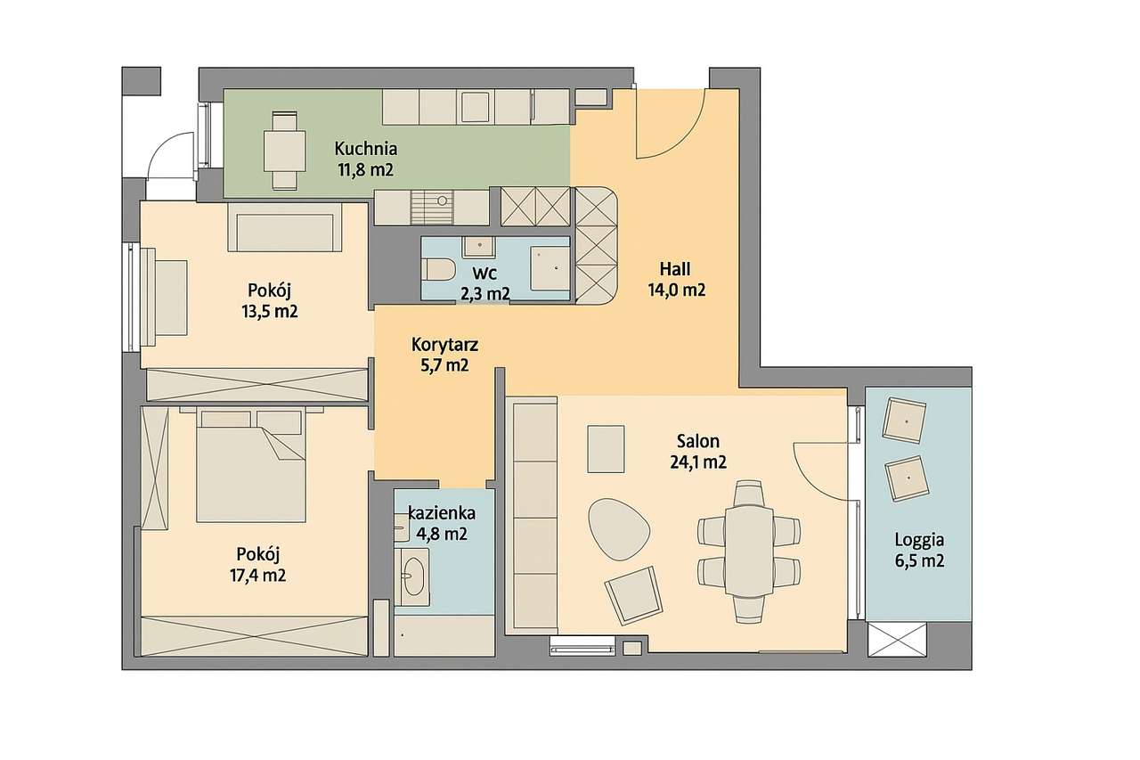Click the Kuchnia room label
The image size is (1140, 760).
(x=365, y=149)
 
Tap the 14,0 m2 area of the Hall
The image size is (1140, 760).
(x=676, y=290)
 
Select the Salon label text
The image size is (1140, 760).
(x=697, y=441)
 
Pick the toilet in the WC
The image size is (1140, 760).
(x=438, y=268)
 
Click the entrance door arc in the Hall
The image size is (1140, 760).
(x=671, y=125)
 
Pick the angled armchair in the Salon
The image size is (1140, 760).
(x=633, y=596)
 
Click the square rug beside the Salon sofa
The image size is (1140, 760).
(x=606, y=449)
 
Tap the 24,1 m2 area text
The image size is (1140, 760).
(x=697, y=462)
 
